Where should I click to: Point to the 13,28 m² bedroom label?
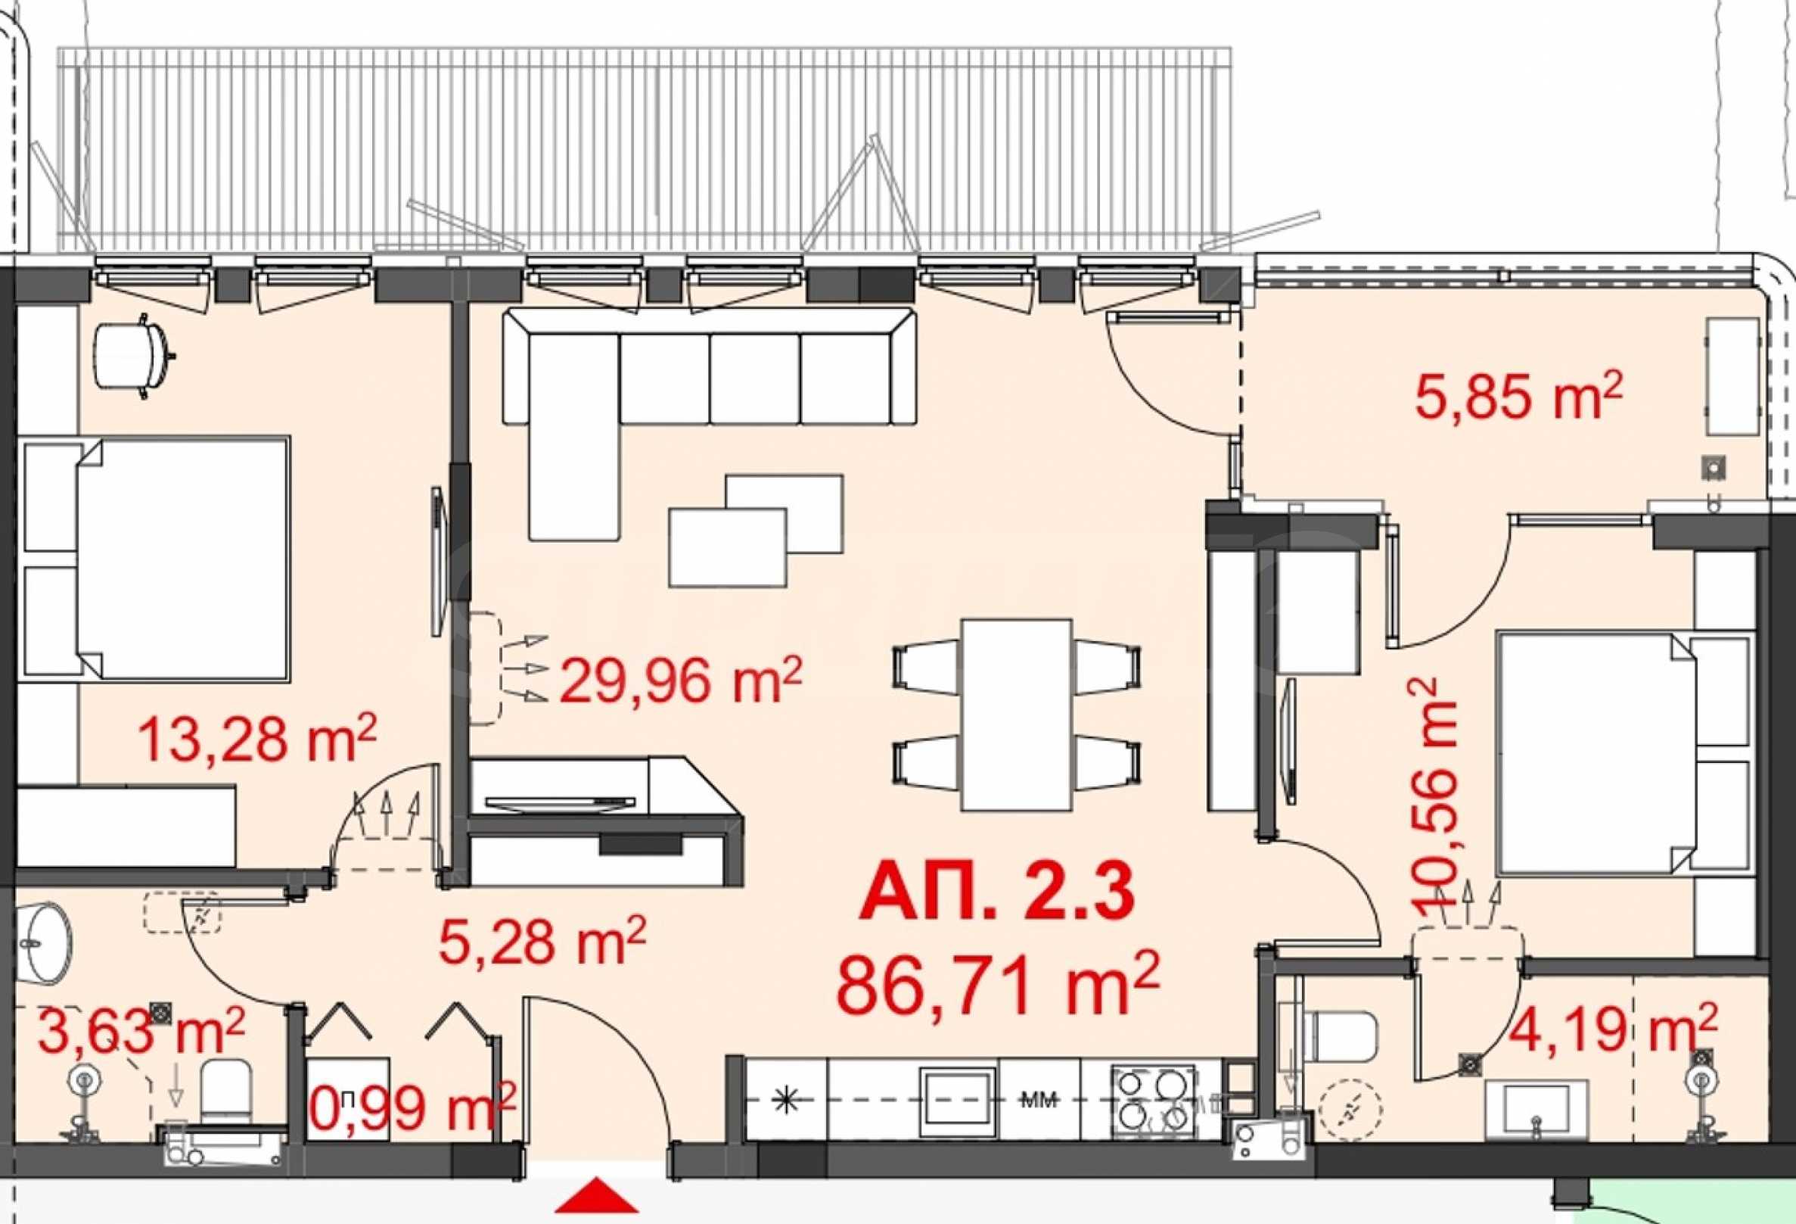(256, 740)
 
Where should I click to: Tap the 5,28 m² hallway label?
(542, 940)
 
